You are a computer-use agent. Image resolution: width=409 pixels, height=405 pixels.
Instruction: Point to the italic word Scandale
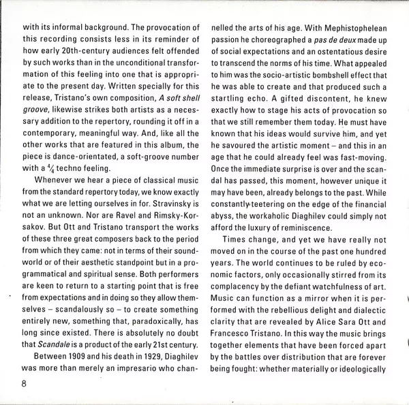click(x=57, y=345)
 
